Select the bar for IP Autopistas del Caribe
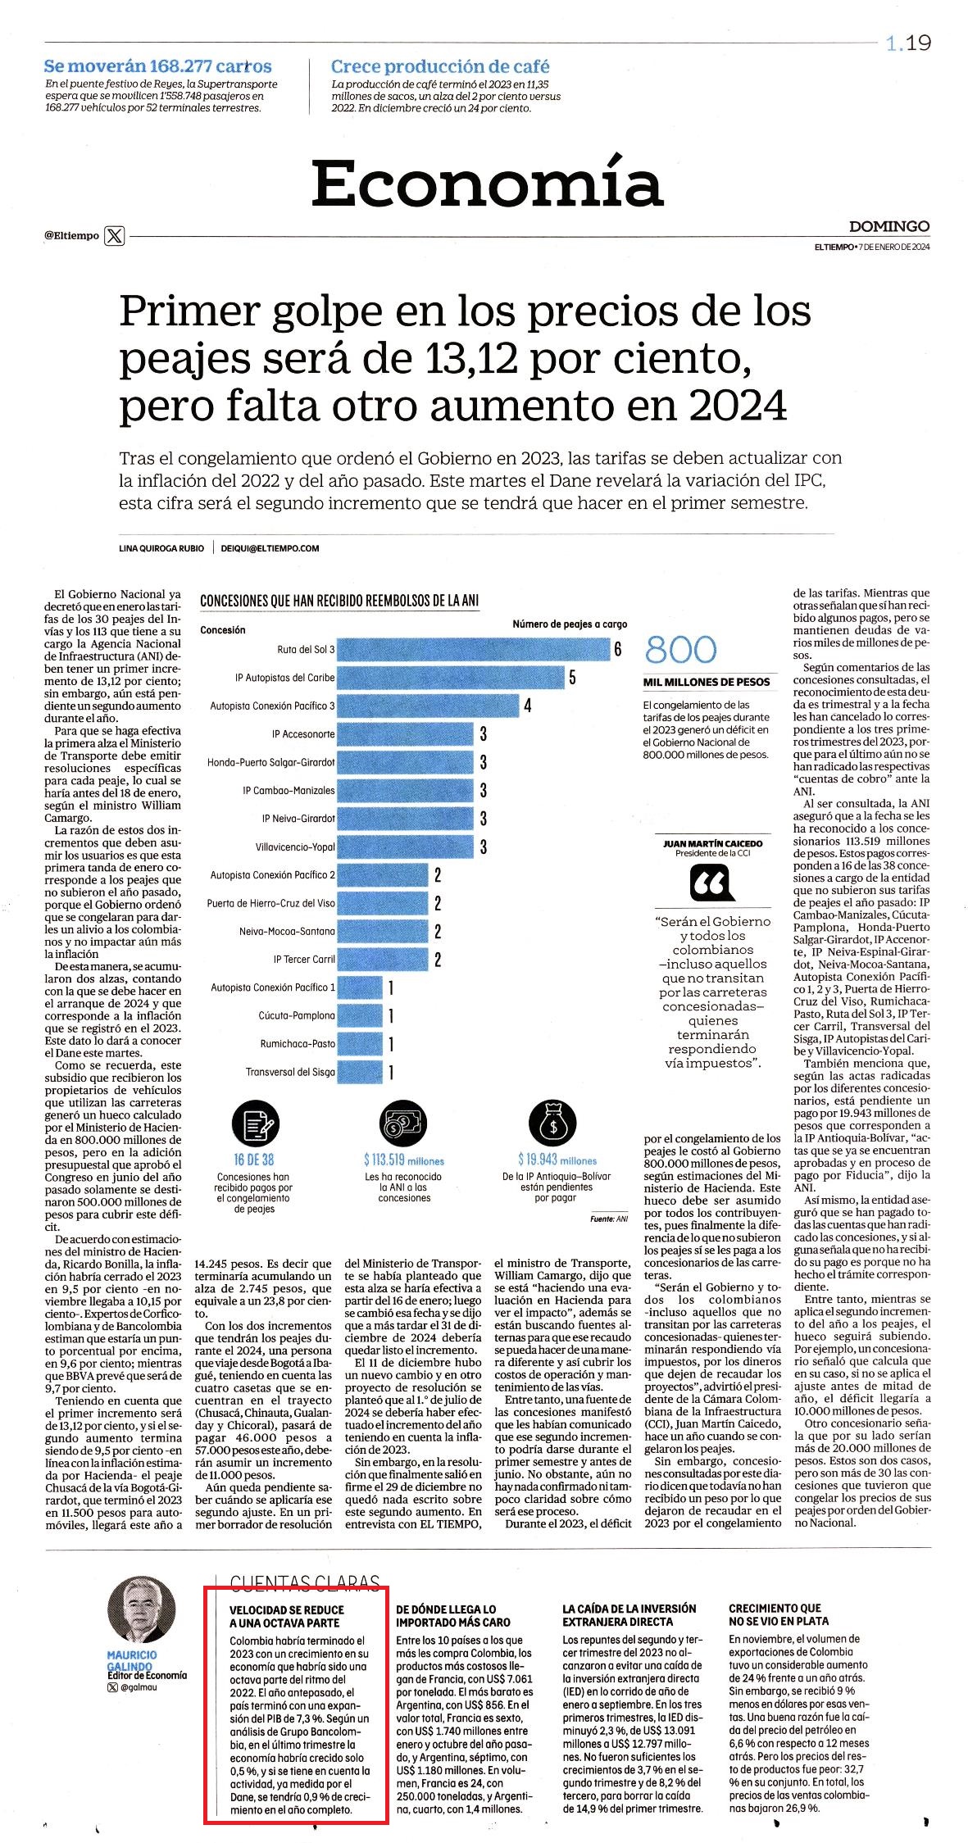[451, 678]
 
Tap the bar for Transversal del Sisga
[360, 1072]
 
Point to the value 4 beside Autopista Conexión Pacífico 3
[528, 706]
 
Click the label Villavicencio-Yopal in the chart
[294, 847]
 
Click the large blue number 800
[681, 651]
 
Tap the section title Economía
[487, 183]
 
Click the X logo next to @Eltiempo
[116, 236]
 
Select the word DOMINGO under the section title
[889, 226]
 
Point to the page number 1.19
[908, 43]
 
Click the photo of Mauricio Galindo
[141, 1609]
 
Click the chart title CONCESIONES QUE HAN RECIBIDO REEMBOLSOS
[340, 601]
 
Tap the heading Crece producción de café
[440, 67]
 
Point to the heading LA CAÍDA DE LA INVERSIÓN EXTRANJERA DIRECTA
[629, 1615]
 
